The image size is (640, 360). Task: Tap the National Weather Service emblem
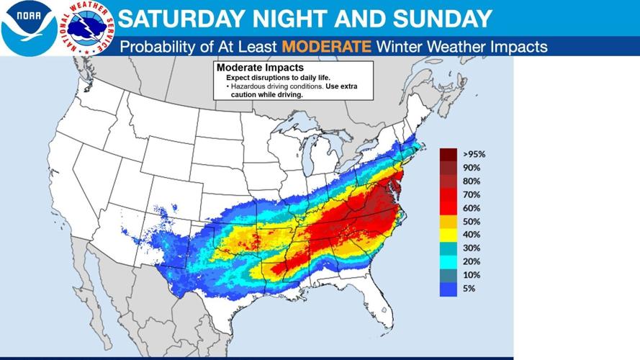coord(86,27)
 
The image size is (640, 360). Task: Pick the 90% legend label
coord(472,168)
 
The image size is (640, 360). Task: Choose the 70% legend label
coord(472,194)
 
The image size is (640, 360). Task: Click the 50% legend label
coord(472,221)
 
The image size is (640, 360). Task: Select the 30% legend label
coord(472,248)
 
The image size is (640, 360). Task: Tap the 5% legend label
coord(469,288)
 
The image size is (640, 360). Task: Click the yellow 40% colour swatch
coord(450,235)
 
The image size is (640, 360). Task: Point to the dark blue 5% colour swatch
coord(450,288)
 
